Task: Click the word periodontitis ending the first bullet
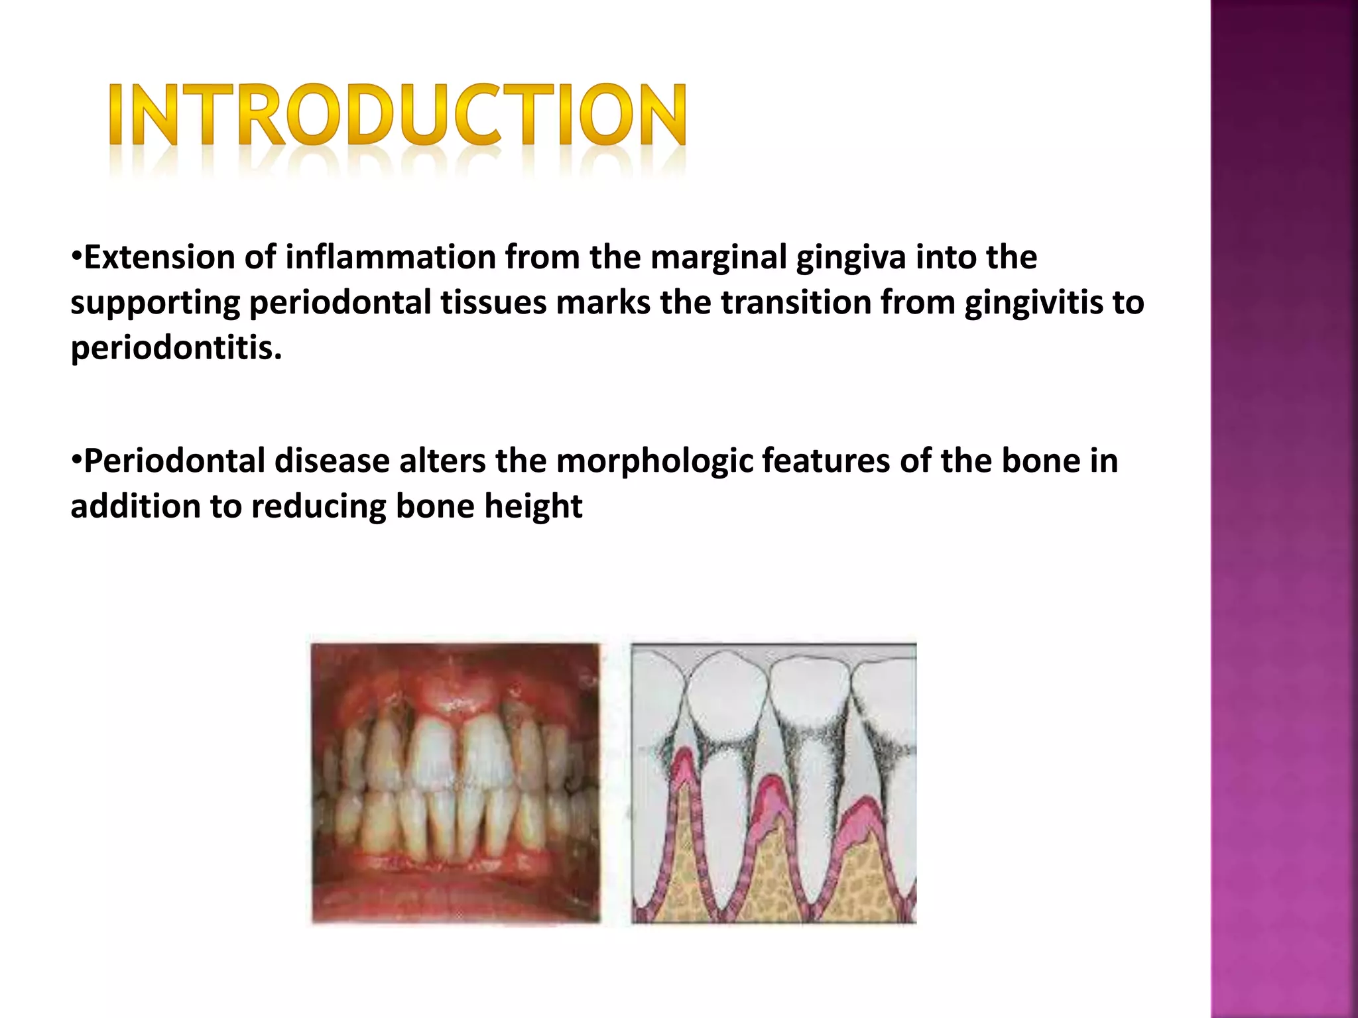click(176, 347)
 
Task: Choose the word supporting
click(154, 304)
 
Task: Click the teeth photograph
click(456, 782)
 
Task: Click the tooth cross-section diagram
click(773, 782)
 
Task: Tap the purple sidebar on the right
click(1284, 509)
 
